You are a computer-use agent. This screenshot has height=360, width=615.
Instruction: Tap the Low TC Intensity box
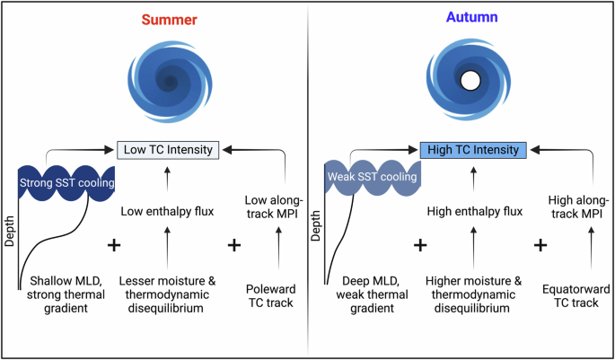tap(169, 149)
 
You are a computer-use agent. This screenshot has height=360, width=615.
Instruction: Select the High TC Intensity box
tap(470, 149)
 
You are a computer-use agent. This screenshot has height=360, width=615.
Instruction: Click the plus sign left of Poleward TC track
tap(234, 245)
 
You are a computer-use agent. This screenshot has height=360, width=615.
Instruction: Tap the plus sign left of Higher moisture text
tap(418, 245)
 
